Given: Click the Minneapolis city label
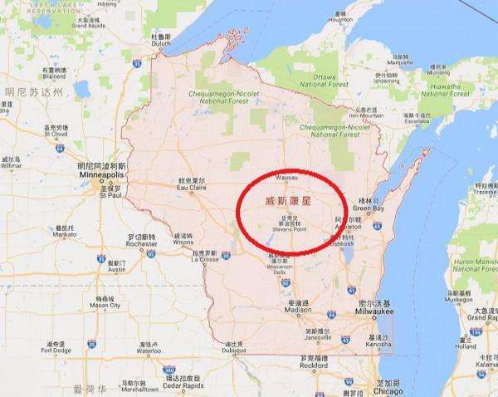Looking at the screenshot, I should [x=100, y=177].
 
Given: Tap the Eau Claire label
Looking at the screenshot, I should [x=192, y=188].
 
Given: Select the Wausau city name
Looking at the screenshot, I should [x=286, y=176].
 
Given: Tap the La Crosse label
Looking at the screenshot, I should [x=204, y=258].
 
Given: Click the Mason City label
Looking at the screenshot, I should [x=105, y=304].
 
